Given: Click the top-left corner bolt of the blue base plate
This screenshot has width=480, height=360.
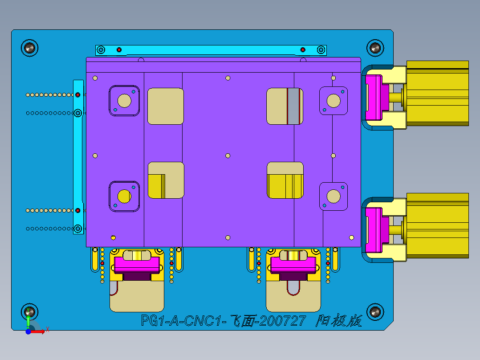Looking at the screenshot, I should pyautogui.click(x=30, y=47).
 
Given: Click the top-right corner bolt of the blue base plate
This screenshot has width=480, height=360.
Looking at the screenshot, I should pyautogui.click(x=375, y=47).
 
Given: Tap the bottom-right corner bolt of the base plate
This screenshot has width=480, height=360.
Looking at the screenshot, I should pyautogui.click(x=375, y=311).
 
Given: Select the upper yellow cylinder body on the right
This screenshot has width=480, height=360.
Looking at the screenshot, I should pyautogui.click(x=437, y=93).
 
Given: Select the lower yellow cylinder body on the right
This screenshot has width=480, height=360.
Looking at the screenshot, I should pyautogui.click(x=437, y=225).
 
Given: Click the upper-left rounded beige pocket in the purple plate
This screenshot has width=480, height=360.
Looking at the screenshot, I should pyautogui.click(x=166, y=106).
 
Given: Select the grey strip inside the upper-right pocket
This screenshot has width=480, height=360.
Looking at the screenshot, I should pyautogui.click(x=293, y=106).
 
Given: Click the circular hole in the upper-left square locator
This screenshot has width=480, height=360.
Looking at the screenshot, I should pyautogui.click(x=125, y=101).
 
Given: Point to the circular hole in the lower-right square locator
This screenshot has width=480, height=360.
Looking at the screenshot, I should pyautogui.click(x=334, y=196).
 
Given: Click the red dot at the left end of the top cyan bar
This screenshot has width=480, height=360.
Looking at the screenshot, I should pyautogui.click(x=119, y=49).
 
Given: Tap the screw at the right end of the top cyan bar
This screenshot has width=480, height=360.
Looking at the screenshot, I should pyautogui.click(x=320, y=49).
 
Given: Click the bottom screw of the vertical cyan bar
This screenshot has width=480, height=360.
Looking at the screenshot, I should pyautogui.click(x=78, y=229).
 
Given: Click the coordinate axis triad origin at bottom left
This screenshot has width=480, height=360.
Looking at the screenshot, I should pyautogui.click(x=28, y=331).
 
